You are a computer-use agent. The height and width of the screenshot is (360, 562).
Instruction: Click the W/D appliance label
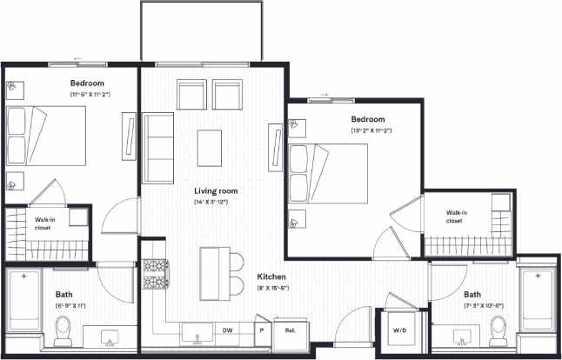tap(400, 330)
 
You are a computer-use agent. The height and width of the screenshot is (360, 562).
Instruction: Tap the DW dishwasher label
tap(227, 330)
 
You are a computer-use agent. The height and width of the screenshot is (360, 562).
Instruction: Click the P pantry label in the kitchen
tap(260, 330)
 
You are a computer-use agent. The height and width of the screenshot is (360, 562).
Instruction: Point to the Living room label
tap(216, 190)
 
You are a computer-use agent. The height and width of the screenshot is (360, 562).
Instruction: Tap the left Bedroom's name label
tap(87, 83)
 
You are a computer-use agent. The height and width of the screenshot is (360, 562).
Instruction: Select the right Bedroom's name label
tap(367, 119)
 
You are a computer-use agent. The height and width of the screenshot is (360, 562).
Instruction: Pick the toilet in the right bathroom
tap(498, 329)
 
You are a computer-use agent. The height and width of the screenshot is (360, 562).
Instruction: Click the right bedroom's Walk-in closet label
tap(457, 217)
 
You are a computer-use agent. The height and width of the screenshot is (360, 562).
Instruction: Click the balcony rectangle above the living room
tap(201, 31)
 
